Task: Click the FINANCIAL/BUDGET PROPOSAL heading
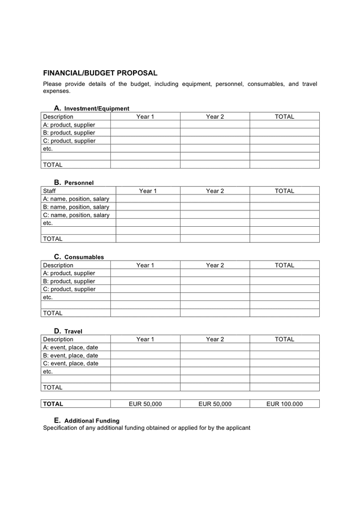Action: pos(100,73)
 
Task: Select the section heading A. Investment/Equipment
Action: pos(92,108)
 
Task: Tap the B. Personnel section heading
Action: pos(74,183)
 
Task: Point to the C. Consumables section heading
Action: pos(79,257)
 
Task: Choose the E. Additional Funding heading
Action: pos(87,421)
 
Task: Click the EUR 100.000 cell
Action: pos(284,404)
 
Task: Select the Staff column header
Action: pos(50,191)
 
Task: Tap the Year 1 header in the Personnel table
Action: pos(148,191)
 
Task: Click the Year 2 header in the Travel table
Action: pos(215,339)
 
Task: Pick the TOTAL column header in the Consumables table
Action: pos(284,265)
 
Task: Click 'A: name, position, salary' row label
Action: pos(76,199)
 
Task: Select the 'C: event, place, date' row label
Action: pos(70,363)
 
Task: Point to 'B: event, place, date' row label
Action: pos(70,355)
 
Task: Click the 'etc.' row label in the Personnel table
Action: pos(48,223)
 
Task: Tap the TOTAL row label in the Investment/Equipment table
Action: pos(53,165)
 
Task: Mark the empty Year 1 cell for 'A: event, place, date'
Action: pos(145,347)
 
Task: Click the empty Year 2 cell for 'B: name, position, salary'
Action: pos(215,207)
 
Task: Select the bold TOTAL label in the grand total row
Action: pos(53,404)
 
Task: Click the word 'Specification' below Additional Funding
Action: pos(61,428)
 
